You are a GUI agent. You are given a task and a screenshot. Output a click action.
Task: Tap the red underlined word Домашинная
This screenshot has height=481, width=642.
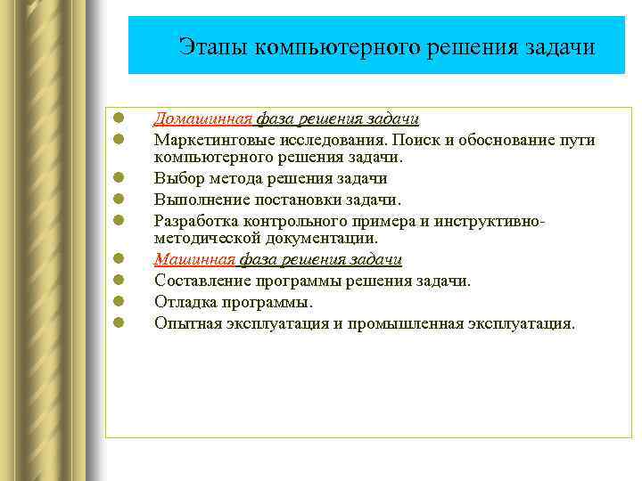click(x=204, y=118)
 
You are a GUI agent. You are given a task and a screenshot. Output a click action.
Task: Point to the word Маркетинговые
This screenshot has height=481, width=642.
click(x=208, y=140)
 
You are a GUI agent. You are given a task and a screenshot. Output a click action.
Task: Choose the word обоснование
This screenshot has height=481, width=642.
click(x=503, y=140)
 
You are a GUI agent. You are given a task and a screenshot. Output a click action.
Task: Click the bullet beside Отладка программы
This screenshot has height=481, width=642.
click(x=118, y=302)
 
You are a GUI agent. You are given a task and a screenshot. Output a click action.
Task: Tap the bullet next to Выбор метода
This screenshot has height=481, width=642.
click(x=118, y=178)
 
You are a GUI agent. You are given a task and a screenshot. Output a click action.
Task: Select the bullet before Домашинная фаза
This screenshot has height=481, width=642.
click(x=118, y=118)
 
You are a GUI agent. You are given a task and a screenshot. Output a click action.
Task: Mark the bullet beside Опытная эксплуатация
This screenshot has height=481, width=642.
click(x=118, y=323)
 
